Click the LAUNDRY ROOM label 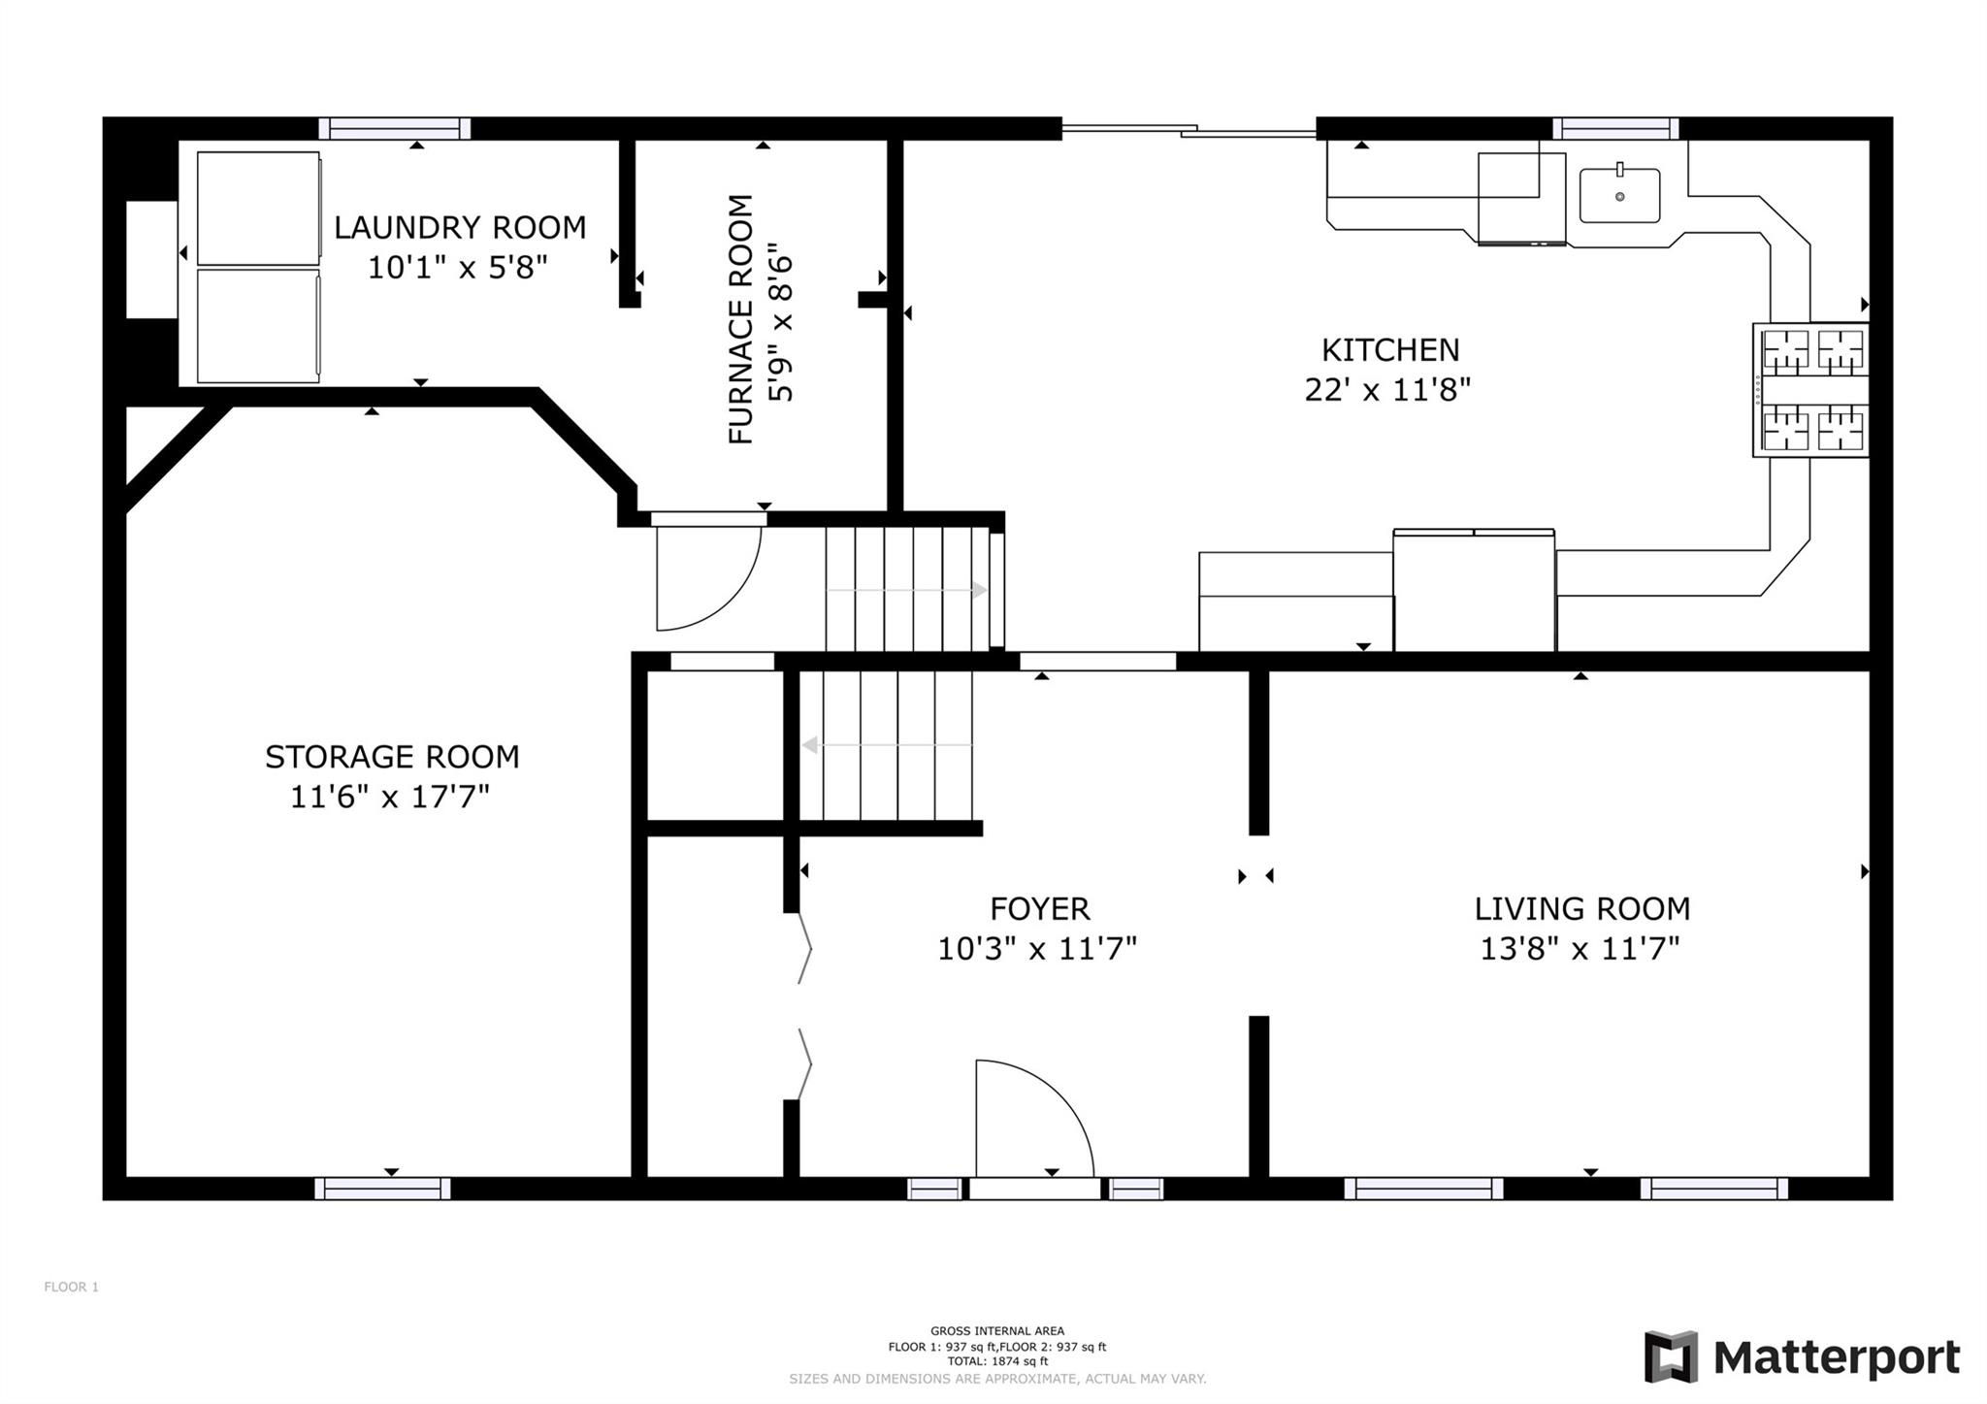(460, 228)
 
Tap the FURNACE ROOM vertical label (741, 319)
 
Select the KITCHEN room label (1390, 349)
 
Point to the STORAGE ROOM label (392, 757)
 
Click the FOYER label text (1040, 909)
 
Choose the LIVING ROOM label (1582, 909)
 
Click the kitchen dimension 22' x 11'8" (1387, 389)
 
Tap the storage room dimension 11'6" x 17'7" (390, 797)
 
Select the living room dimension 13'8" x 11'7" (1580, 948)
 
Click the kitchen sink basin (1619, 196)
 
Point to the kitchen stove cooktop (1810, 389)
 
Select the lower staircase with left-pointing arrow (887, 745)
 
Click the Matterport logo (1802, 1356)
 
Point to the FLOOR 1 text (72, 1288)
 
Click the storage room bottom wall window (383, 1189)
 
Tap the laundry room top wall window (395, 128)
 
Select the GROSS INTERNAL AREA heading (997, 1331)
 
